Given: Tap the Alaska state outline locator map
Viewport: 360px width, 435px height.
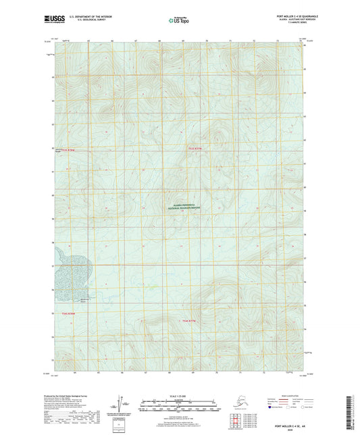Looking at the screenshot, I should coord(237,403).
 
